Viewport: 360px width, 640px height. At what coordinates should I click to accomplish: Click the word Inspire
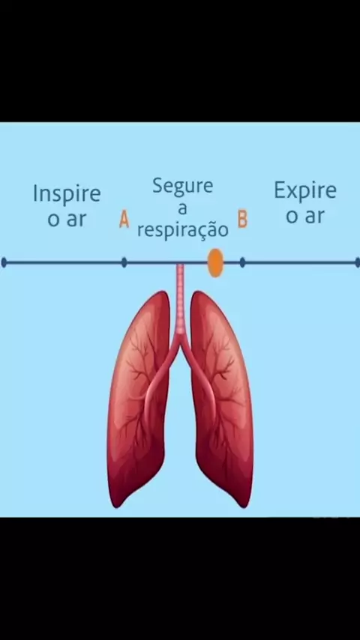67,194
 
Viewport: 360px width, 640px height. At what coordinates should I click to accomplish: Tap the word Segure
183,187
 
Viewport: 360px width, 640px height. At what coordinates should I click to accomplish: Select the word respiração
183,231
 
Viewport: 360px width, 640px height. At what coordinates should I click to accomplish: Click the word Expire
305,190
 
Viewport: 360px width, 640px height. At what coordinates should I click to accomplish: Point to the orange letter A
124,219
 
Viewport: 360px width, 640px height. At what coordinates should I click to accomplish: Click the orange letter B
243,219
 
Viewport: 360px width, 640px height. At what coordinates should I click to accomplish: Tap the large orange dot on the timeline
215,263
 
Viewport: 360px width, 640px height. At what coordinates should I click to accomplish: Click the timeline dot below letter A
124,262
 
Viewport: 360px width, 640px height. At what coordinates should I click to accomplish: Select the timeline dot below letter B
242,262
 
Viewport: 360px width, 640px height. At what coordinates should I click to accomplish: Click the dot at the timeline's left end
4,262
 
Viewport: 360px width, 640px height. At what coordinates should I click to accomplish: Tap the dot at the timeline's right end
358,262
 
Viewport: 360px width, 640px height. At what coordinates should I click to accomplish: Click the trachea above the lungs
180,298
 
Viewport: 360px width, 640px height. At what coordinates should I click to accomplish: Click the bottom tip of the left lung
117,507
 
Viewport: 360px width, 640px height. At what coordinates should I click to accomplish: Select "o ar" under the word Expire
305,217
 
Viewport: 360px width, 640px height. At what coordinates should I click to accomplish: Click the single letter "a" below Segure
183,209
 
